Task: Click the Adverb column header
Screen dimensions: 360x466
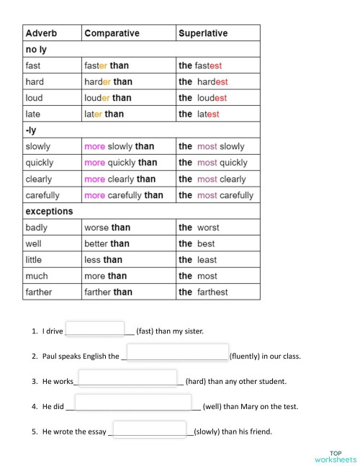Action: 41,33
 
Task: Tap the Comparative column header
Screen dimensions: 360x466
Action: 112,33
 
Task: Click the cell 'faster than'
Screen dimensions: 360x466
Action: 107,66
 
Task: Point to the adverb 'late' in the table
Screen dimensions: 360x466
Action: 33,114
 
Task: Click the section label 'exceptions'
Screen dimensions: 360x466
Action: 49,211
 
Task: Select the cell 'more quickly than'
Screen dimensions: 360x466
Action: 120,163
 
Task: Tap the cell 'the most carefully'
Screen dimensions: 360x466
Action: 216,195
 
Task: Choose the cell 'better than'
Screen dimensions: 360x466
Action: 107,243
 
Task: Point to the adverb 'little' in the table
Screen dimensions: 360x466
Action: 34,259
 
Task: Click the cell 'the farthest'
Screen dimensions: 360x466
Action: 203,292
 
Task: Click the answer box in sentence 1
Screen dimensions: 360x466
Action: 95,328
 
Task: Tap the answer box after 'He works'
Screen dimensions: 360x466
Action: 126,377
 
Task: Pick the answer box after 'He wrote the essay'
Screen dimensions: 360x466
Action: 150,429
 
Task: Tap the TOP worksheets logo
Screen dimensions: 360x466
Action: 335,456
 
